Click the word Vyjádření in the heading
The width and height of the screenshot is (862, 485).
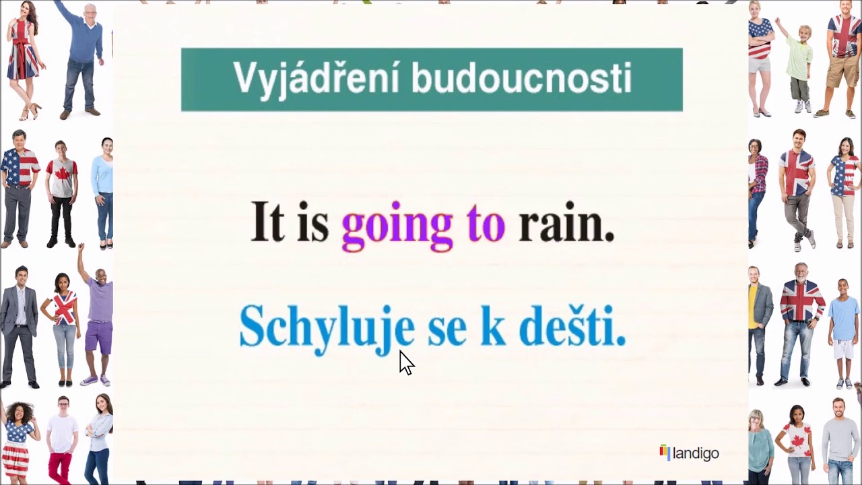[317, 79]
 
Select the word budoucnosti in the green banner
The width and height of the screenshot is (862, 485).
[521, 79]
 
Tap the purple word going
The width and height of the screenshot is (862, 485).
[397, 224]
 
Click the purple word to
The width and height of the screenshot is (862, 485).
[486, 224]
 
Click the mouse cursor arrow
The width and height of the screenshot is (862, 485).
[406, 362]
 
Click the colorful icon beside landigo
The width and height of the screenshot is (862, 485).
[665, 452]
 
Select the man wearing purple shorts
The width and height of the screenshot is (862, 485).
[98, 317]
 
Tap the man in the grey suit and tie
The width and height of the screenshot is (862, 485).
[20, 323]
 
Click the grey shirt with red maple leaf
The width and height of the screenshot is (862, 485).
[62, 178]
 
